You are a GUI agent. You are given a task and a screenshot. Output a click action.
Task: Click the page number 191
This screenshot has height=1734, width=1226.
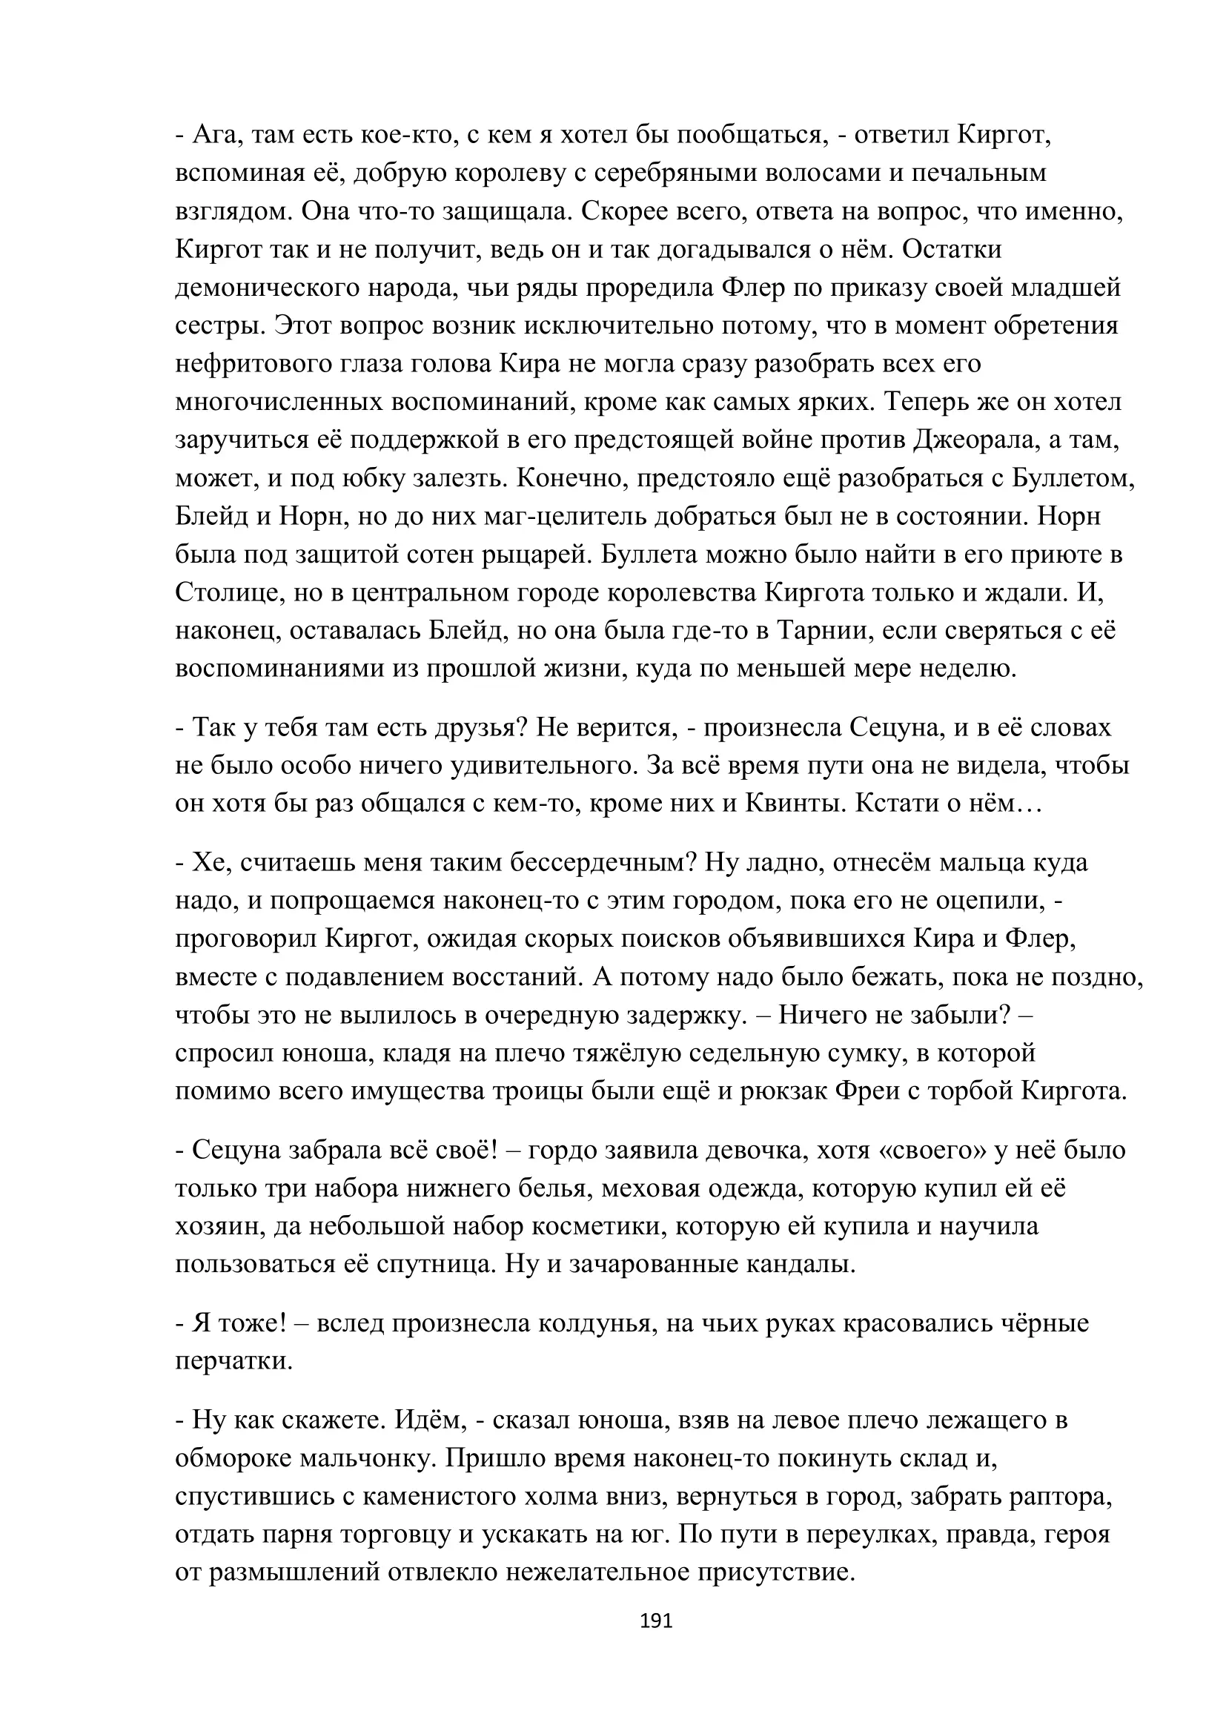pyautogui.click(x=655, y=1621)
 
